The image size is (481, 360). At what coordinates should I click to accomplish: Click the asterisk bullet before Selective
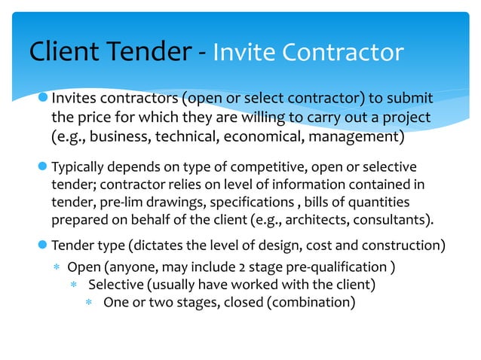pos(73,285)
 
